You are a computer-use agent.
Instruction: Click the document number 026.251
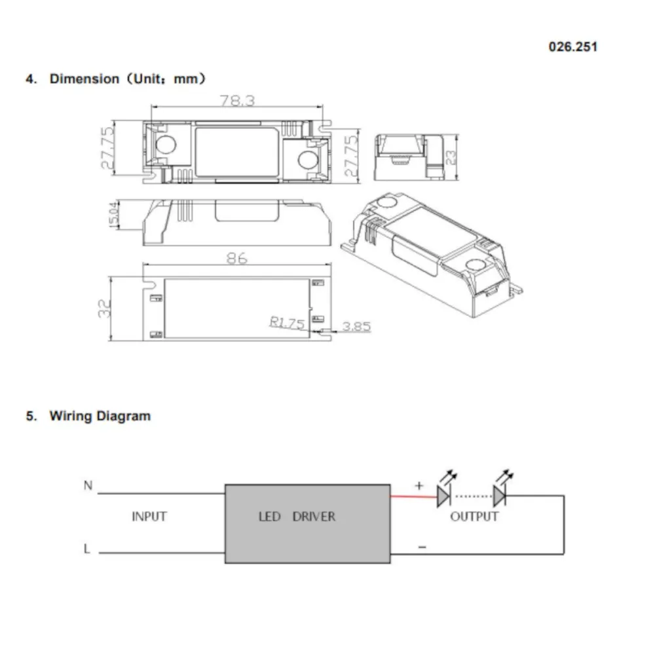[572, 47]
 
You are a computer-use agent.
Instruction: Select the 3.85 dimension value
[356, 326]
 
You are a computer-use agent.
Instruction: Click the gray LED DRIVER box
[308, 523]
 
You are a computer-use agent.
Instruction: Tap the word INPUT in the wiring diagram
[149, 517]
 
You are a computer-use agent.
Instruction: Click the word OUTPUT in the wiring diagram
[474, 517]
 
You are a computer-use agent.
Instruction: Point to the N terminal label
[88, 485]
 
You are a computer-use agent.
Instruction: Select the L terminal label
[87, 549]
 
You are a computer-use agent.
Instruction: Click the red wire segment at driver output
[414, 496]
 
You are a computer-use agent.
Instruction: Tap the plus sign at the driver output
[419, 485]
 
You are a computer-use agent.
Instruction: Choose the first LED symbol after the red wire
[445, 496]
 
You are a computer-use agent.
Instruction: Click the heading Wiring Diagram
[100, 416]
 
